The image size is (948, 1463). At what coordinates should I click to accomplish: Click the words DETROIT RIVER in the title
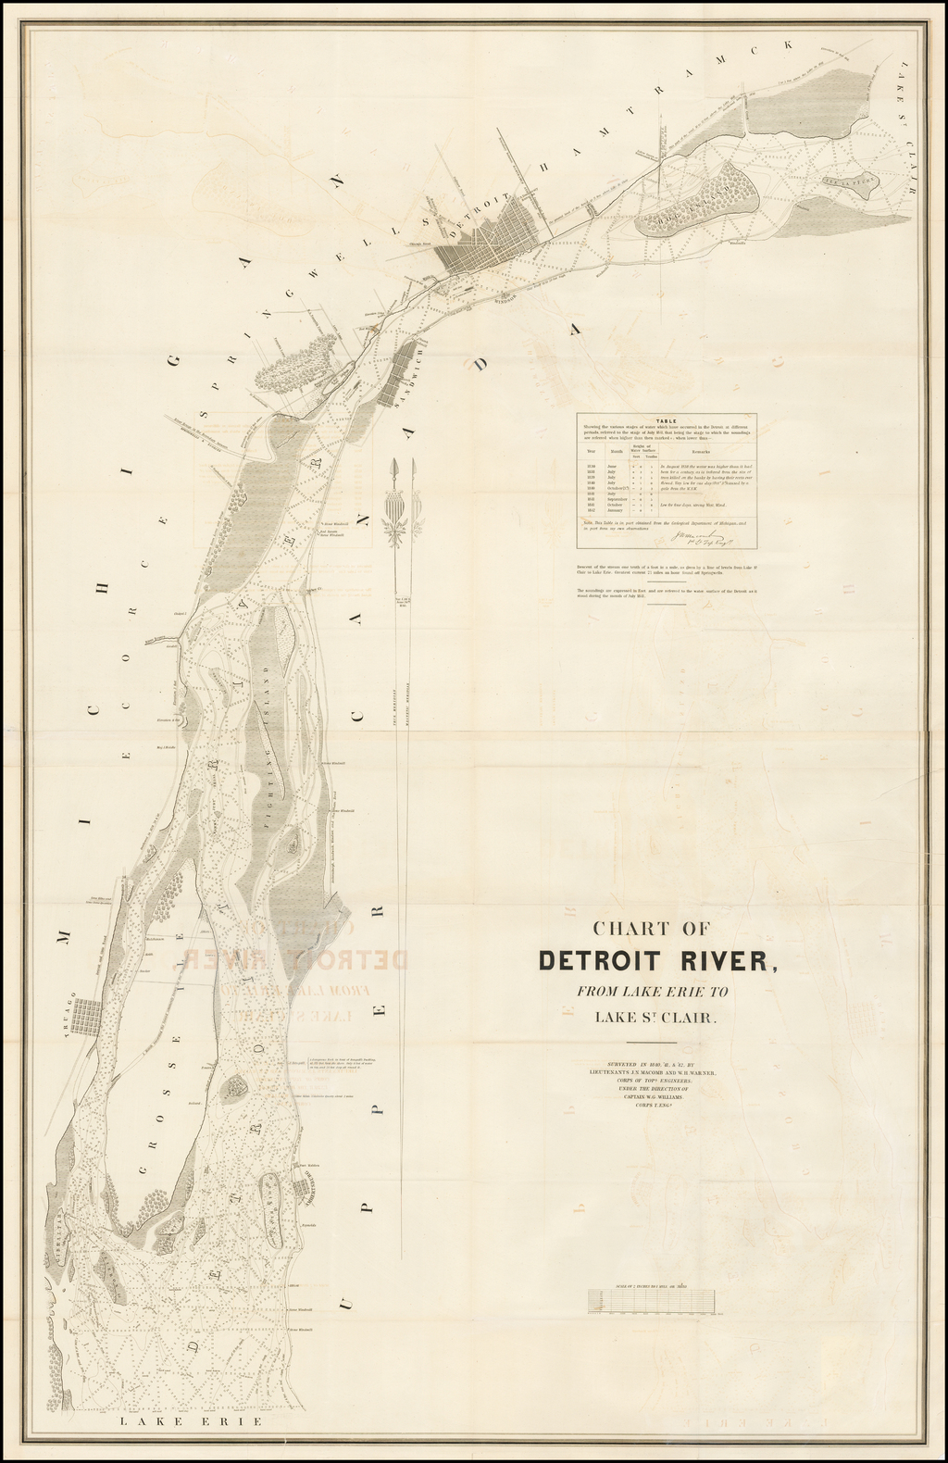pos(657,960)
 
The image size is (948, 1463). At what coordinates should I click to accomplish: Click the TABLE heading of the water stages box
pos(666,419)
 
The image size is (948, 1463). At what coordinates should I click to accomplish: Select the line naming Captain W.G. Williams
pos(658,1096)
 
